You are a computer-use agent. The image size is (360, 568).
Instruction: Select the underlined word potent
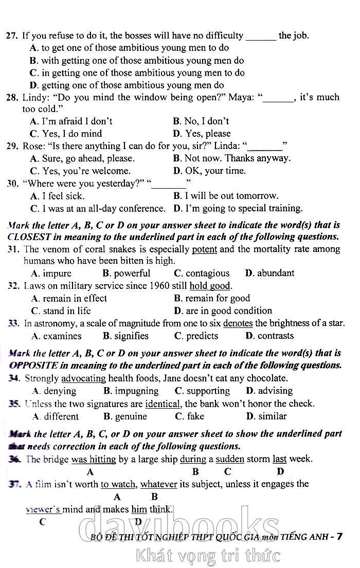coord(204,249)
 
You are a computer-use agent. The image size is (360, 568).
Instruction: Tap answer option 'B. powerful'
coord(127,273)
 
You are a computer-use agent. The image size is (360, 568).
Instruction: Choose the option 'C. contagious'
coord(202,273)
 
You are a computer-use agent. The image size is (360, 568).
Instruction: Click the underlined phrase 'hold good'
coord(210,286)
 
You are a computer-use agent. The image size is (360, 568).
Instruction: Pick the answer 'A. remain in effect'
coord(69,299)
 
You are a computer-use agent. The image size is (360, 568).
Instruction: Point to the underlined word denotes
coord(238,323)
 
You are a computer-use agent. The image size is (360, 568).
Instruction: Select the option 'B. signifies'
coord(125,336)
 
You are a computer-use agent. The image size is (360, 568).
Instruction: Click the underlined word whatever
coord(159,484)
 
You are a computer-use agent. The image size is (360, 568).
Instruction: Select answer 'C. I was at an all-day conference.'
coord(98,209)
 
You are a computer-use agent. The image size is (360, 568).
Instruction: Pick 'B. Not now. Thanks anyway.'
coord(232,158)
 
